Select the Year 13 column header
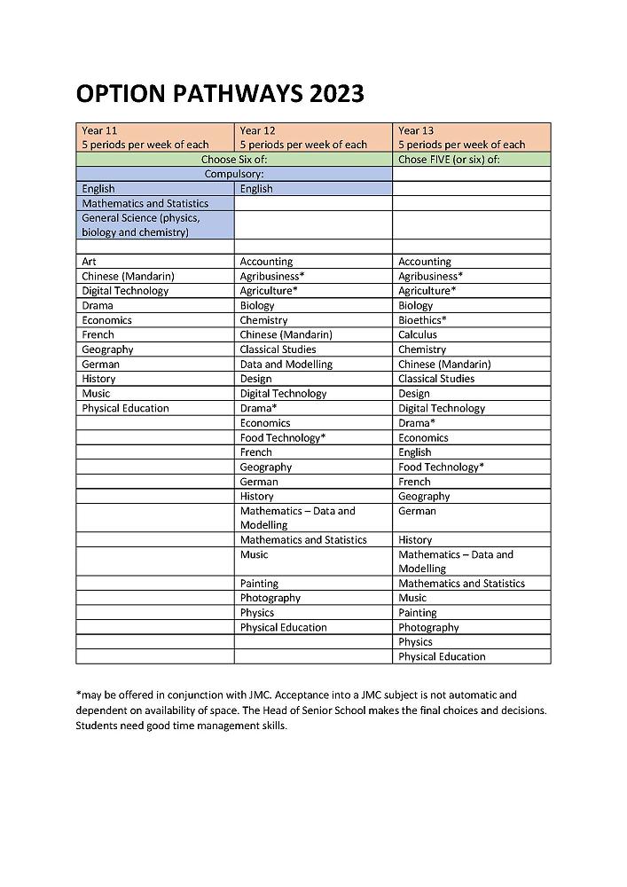pyautogui.click(x=471, y=137)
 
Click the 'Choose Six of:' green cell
pyautogui.click(x=234, y=160)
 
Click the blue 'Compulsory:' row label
pyautogui.click(x=234, y=174)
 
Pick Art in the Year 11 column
pyautogui.click(x=90, y=262)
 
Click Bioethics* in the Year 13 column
pyautogui.click(x=422, y=320)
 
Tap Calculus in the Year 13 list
pyautogui.click(x=418, y=334)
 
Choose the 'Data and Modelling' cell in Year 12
pyautogui.click(x=286, y=364)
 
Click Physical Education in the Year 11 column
pyautogui.click(x=125, y=408)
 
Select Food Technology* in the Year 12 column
pyautogui.click(x=283, y=437)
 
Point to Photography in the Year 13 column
pyautogui.click(x=428, y=627)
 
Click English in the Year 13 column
pyautogui.click(x=414, y=451)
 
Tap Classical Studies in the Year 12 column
pyautogui.click(x=278, y=349)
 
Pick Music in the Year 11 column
pyautogui.click(x=96, y=393)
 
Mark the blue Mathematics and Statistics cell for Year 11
pyautogui.click(x=145, y=203)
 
